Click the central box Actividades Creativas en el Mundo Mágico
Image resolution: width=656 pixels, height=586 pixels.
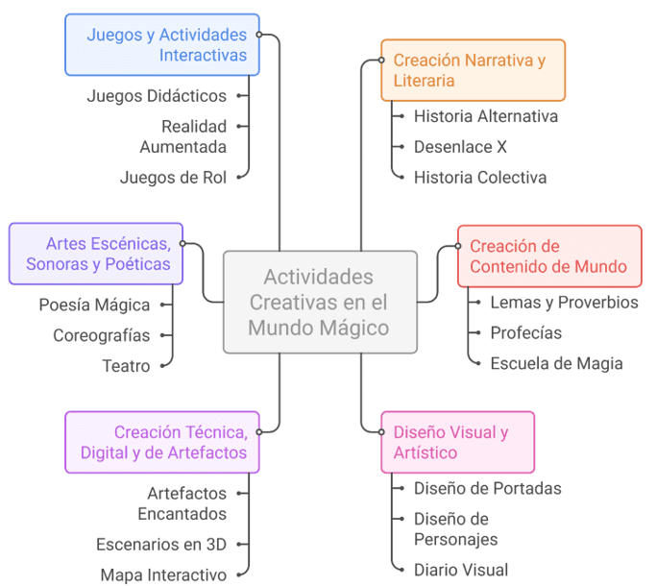(320, 303)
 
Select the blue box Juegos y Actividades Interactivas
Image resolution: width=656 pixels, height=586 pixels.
(162, 45)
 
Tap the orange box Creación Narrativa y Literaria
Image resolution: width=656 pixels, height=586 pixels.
(473, 70)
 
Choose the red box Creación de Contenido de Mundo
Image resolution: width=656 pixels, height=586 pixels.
(548, 256)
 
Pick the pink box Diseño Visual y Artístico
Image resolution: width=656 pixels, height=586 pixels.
(457, 442)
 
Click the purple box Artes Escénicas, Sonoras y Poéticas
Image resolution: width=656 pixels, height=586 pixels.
(96, 254)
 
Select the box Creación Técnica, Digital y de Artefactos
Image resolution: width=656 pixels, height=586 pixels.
(162, 442)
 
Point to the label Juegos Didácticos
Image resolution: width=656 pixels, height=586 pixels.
(157, 95)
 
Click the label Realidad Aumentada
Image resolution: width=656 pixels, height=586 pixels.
(183, 136)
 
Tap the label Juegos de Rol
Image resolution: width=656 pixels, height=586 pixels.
(173, 177)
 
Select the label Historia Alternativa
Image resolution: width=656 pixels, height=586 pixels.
(486, 116)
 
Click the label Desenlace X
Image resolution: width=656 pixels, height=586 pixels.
(460, 147)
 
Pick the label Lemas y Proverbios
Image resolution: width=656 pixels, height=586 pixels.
(564, 302)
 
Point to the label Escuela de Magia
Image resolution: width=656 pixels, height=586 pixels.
(556, 363)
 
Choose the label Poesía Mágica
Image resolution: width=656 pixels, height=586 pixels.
(94, 305)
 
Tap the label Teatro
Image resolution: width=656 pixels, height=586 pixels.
(126, 366)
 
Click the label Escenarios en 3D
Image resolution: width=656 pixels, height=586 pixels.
(161, 544)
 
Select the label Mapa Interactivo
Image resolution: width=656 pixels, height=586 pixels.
(163, 574)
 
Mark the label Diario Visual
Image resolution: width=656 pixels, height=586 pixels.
(461, 570)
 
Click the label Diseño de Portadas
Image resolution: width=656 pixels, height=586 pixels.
(488, 488)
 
